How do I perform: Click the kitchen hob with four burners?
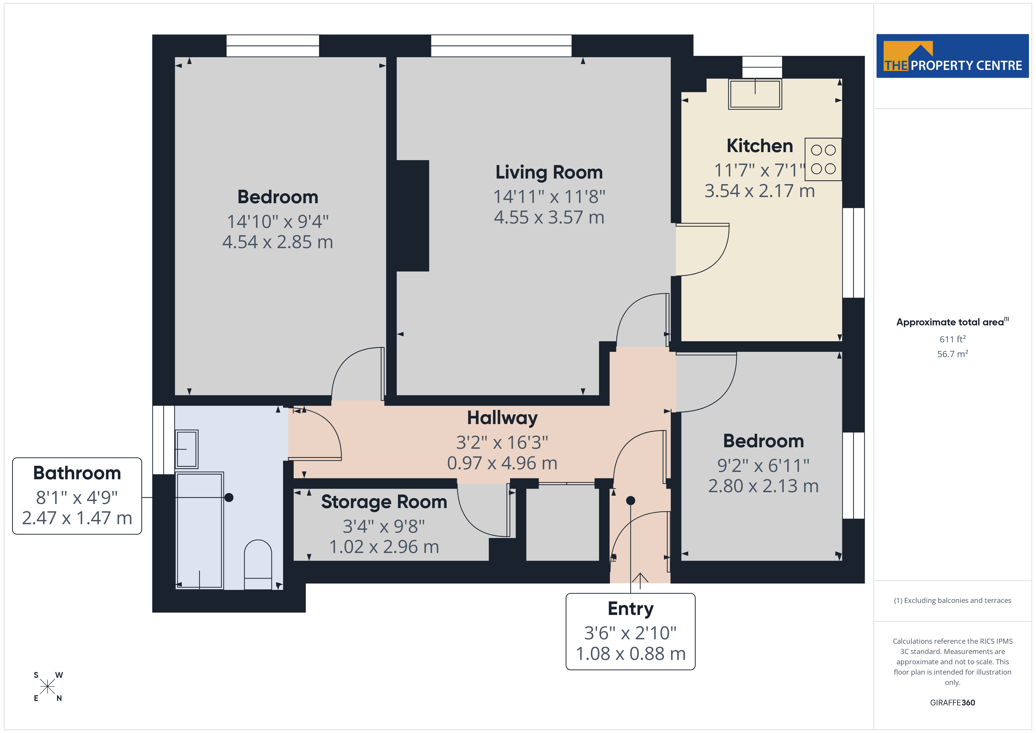pyautogui.click(x=823, y=159)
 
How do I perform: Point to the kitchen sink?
pyautogui.click(x=755, y=94)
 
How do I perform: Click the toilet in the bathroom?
pyautogui.click(x=258, y=565)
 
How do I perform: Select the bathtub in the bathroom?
pyautogui.click(x=199, y=530)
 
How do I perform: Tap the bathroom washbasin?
pyautogui.click(x=187, y=449)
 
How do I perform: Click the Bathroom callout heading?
pyautogui.click(x=77, y=473)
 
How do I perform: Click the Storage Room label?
pyautogui.click(x=384, y=502)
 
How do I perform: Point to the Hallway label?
pyautogui.click(x=502, y=418)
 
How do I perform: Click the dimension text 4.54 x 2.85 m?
pyautogui.click(x=277, y=242)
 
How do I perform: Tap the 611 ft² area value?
pyautogui.click(x=953, y=339)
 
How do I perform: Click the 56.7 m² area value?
pyautogui.click(x=953, y=354)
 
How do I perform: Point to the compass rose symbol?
pyautogui.click(x=47, y=687)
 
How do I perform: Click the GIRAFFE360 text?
pyautogui.click(x=953, y=703)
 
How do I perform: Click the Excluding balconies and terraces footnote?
pyautogui.click(x=953, y=600)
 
